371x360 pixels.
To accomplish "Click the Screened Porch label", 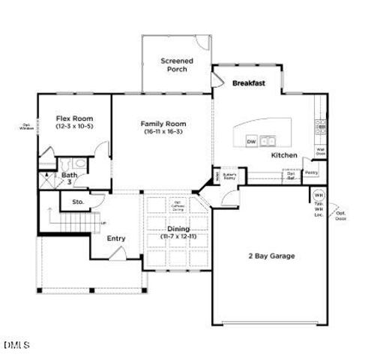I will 177,64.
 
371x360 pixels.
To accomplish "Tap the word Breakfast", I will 249,82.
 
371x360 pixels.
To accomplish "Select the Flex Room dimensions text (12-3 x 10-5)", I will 74,126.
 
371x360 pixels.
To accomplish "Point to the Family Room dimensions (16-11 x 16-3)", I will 163,131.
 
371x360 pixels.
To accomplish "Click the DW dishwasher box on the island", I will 252,141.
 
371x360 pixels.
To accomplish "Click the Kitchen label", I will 284,155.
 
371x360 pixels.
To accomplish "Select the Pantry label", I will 312,172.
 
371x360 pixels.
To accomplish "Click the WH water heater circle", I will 319,195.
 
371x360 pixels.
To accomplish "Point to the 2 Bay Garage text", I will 271,256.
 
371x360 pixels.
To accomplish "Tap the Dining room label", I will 178,229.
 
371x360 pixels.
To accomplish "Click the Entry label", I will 116,238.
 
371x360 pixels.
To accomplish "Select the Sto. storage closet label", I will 77,202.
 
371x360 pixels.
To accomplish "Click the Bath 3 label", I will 69,178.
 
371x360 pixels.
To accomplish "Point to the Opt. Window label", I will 27,127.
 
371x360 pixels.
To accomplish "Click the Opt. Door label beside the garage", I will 341,217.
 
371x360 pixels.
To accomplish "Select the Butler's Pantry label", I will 229,176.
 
